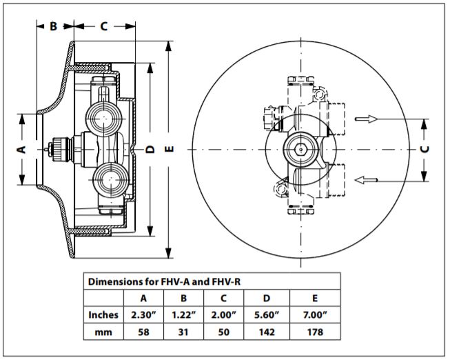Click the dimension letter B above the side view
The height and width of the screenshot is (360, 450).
(x=53, y=26)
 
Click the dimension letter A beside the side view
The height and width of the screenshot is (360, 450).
(x=21, y=149)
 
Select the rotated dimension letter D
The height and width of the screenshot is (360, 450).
(x=150, y=149)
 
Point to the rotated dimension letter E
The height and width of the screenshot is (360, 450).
(x=170, y=149)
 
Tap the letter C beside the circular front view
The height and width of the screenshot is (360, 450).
(x=425, y=149)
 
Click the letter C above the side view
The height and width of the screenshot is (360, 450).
(x=103, y=26)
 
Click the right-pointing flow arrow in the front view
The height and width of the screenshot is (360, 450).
(x=367, y=119)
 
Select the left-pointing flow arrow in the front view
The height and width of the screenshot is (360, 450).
(x=366, y=180)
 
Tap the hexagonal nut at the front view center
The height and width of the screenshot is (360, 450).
(x=300, y=150)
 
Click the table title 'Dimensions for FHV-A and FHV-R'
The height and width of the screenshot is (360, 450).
(x=164, y=281)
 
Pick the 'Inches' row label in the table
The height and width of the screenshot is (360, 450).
(x=103, y=315)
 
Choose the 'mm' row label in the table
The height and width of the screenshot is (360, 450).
(x=103, y=332)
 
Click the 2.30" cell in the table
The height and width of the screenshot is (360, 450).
(x=143, y=315)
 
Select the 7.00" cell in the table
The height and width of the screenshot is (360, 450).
(x=315, y=315)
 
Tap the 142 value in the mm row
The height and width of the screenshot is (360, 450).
(x=267, y=332)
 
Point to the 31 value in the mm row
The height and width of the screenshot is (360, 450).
(x=183, y=332)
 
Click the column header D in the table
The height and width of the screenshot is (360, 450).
(x=267, y=298)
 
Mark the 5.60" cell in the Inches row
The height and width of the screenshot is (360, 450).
(x=267, y=315)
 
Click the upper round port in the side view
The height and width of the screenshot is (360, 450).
(x=103, y=118)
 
